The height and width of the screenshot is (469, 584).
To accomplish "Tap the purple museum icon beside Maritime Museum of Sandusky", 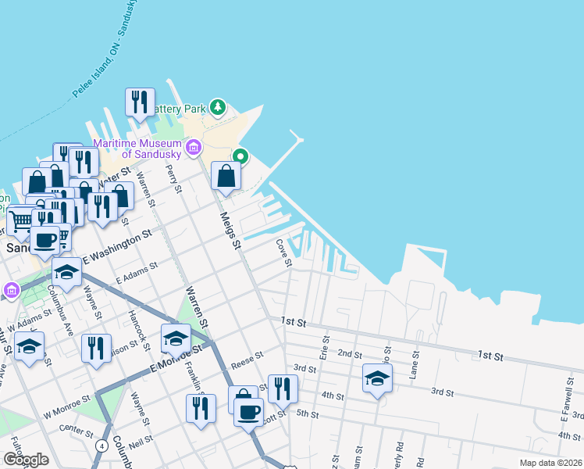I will [x=193, y=147].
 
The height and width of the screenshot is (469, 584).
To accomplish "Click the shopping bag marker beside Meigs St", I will [x=226, y=177].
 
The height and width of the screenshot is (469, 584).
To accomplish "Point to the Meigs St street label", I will [x=230, y=231].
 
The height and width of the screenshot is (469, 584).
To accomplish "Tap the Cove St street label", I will [x=283, y=252].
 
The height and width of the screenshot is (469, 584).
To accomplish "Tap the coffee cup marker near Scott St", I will [x=249, y=411].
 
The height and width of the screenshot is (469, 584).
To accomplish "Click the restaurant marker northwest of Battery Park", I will [x=140, y=102].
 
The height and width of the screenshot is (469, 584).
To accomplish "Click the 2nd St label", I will [x=349, y=353].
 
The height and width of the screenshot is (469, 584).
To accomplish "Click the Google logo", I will [x=25, y=460].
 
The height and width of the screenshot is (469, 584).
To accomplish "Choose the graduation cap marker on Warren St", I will [x=176, y=338].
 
